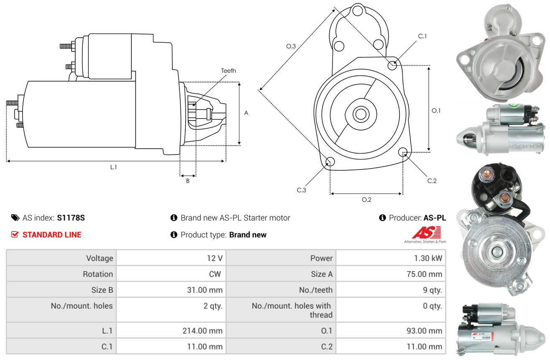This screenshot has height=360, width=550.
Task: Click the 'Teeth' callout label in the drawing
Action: point(228,71)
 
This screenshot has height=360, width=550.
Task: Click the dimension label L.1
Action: point(113,167)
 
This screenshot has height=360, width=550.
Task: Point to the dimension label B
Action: point(188,181)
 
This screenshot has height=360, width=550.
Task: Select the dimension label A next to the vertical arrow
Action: point(246,113)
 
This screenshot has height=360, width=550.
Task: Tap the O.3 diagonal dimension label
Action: point(291,46)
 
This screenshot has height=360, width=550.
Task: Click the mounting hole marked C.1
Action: point(392,65)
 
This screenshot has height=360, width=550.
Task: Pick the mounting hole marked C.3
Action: point(330,162)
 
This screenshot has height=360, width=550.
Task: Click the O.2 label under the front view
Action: point(366,200)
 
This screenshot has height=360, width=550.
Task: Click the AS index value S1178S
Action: point(71,218)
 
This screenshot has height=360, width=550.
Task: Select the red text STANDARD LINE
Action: point(52,235)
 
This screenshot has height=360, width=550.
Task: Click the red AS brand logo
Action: point(426,233)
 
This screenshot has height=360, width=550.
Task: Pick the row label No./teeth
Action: point(316,290)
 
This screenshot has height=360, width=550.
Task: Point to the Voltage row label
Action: point(100,258)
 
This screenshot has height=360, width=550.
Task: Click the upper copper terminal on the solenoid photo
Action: point(486,175)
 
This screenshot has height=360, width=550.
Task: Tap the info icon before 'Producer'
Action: point(382,218)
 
